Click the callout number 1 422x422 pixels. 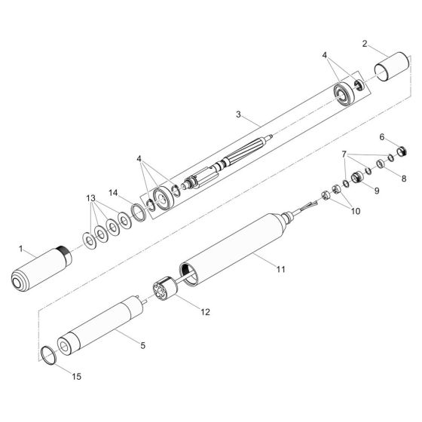point(21,249)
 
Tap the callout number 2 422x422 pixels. point(365,44)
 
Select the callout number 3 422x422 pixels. point(238,115)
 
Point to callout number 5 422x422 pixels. point(143,345)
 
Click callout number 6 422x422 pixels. point(382,137)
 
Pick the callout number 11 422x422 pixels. point(280,269)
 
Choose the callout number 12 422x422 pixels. point(205,312)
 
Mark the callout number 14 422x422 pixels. point(113,193)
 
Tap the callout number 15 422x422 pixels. point(76,377)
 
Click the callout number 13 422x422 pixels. point(91,198)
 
